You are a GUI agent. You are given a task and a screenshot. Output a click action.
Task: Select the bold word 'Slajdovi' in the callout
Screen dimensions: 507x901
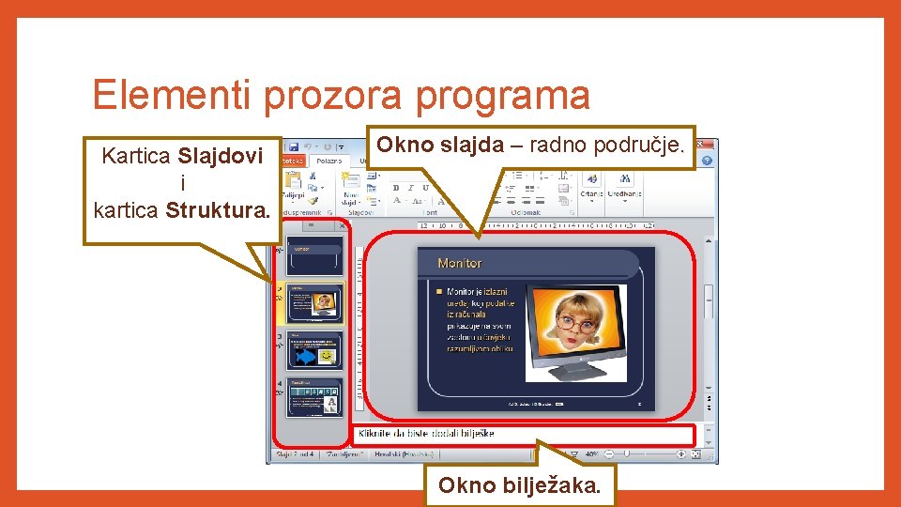click(x=221, y=156)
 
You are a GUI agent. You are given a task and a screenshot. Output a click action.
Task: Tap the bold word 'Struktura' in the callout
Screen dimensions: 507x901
click(x=216, y=208)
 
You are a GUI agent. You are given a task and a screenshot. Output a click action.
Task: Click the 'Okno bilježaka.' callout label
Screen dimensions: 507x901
click(x=520, y=485)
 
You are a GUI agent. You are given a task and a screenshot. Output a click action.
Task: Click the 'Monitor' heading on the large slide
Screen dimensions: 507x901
click(x=460, y=264)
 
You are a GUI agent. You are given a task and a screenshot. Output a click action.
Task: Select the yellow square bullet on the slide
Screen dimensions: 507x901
click(x=438, y=292)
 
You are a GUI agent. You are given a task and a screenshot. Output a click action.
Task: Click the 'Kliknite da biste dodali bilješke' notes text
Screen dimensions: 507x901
click(x=426, y=434)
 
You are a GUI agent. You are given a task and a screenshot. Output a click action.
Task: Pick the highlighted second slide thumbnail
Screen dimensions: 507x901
click(x=314, y=303)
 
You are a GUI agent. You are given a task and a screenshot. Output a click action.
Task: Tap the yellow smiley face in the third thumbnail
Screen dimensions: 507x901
click(x=326, y=357)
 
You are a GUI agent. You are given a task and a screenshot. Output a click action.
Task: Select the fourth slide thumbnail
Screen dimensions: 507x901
click(x=314, y=397)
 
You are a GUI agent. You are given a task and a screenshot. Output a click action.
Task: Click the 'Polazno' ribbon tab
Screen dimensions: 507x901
click(x=329, y=161)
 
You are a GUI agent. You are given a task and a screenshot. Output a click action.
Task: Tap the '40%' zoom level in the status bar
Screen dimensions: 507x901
click(x=593, y=454)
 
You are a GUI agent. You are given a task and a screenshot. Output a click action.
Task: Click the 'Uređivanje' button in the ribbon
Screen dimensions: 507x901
click(x=623, y=192)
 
